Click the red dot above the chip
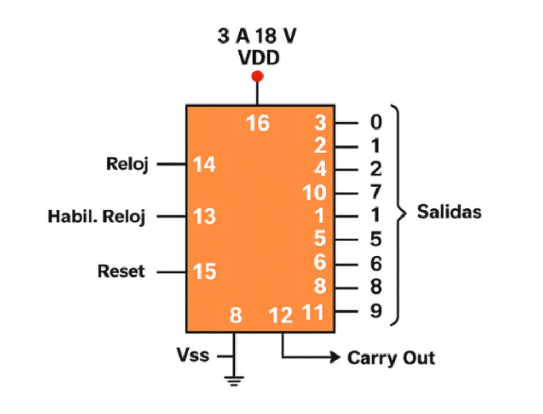tap(258, 76)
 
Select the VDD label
tap(258, 58)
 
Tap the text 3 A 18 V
tap(258, 37)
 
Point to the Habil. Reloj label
tap(97, 217)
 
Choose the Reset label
tap(121, 271)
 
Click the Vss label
tap(194, 355)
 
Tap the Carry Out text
tap(391, 358)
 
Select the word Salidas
tap(449, 212)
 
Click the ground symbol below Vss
tap(234, 379)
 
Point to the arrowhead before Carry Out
tap(335, 357)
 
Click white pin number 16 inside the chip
tap(258, 124)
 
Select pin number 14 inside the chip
tap(204, 165)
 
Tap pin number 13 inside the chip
tap(204, 217)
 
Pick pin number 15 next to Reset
tap(204, 272)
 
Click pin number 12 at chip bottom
tap(281, 315)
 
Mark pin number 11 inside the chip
tap(313, 312)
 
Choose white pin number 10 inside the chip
tap(314, 193)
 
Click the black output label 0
tap(375, 123)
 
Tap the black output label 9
tap(375, 311)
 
